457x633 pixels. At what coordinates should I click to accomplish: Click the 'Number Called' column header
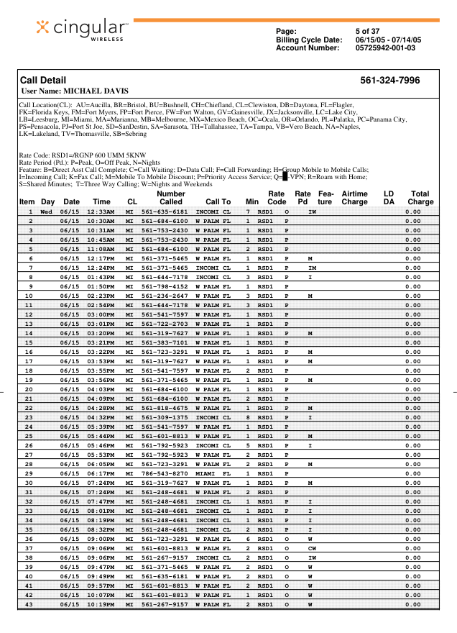(171, 198)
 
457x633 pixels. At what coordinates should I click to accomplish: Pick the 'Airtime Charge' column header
(354, 198)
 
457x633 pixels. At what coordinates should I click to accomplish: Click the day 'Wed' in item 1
(47, 212)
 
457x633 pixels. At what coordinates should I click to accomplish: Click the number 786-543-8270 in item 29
(165, 474)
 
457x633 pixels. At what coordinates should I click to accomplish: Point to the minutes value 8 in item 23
(248, 417)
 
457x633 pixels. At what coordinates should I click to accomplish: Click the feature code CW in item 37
(312, 548)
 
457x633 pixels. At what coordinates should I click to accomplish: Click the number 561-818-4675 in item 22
(165, 408)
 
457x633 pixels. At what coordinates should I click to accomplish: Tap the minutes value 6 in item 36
(248, 539)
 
